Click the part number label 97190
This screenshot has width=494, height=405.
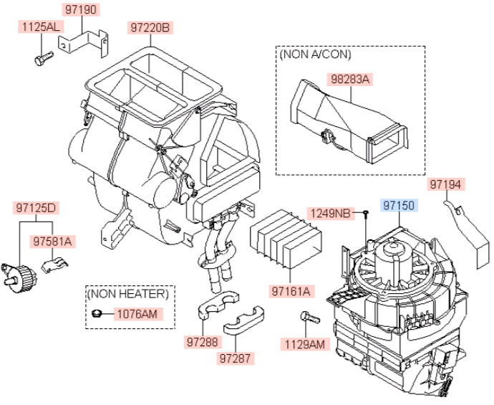(81, 10)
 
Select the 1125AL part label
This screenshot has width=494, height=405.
(41, 27)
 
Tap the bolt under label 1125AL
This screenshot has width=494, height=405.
(44, 59)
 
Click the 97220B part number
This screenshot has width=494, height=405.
(150, 28)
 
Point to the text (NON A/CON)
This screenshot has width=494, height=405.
(315, 54)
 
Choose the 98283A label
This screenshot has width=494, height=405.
(349, 79)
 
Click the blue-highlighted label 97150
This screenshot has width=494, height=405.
(399, 205)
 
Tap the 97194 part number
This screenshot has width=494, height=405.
(447, 184)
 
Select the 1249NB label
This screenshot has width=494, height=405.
(331, 214)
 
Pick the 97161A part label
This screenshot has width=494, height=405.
(291, 291)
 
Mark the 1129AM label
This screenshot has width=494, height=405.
(305, 344)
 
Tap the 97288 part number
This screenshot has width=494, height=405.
(203, 342)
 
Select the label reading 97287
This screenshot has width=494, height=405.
(235, 358)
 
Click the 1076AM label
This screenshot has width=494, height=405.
(137, 314)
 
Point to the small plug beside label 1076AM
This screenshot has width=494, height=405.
(96, 313)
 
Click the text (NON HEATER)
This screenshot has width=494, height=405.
(128, 294)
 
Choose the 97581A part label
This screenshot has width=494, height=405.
(52, 242)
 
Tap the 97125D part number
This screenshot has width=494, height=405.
(36, 208)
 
